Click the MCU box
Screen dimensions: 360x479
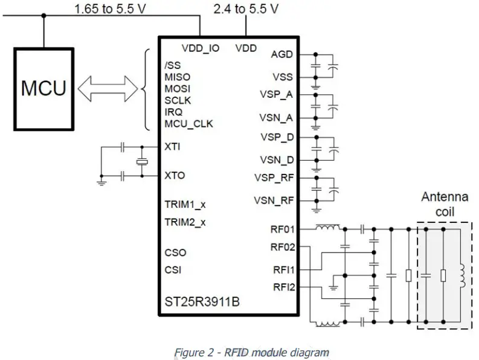coord(43,89)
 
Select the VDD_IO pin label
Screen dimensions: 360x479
coord(200,48)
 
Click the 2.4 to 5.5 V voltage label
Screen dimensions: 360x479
coord(246,9)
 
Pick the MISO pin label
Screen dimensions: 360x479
coord(177,77)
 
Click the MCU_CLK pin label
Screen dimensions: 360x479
coord(188,124)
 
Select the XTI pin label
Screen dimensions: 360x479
coord(172,146)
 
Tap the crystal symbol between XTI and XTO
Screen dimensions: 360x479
coord(141,161)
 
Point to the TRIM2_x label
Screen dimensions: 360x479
coord(185,222)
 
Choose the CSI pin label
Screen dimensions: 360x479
coord(173,269)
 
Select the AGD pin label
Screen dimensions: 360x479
coord(283,54)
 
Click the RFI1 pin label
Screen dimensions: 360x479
coord(283,269)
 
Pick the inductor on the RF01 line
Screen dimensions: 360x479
coord(327,228)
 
